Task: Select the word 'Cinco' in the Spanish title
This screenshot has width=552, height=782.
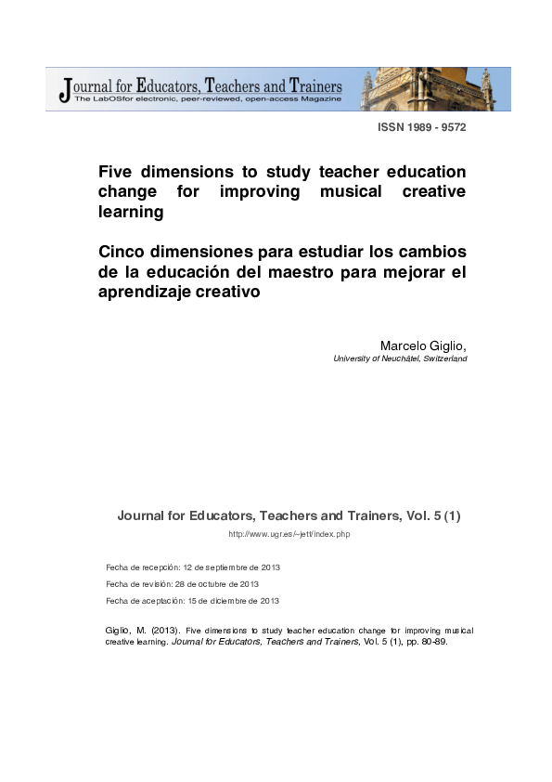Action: [124, 252]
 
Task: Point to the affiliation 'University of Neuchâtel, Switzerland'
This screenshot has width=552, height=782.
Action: [399, 358]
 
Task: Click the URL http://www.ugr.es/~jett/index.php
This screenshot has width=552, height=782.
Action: [289, 534]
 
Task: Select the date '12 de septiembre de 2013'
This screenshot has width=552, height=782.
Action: [231, 567]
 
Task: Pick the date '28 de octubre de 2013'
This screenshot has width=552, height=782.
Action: [220, 584]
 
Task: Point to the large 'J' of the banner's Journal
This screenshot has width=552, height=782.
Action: [64, 89]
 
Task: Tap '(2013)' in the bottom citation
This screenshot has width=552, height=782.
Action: [159, 631]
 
